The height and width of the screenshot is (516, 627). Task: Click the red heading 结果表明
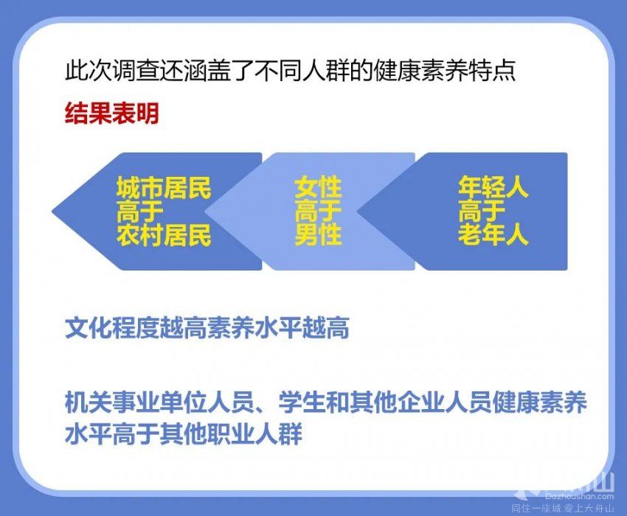pyautogui.click(x=112, y=113)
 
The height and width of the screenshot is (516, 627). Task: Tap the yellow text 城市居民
pyautogui.click(x=164, y=187)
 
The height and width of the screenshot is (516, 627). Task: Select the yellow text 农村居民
pyautogui.click(x=164, y=234)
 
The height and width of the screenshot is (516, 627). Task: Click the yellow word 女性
pyautogui.click(x=318, y=187)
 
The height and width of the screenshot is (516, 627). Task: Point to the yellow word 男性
pyautogui.click(x=318, y=234)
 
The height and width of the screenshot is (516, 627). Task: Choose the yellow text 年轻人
pyautogui.click(x=493, y=187)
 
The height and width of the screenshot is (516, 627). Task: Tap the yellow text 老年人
pyautogui.click(x=493, y=234)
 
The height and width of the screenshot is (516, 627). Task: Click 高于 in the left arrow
pyautogui.click(x=140, y=211)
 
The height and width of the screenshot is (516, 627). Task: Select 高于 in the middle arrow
pyautogui.click(x=318, y=211)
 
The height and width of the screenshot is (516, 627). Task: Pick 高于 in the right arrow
pyautogui.click(x=482, y=211)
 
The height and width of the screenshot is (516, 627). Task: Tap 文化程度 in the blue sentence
pyautogui.click(x=112, y=328)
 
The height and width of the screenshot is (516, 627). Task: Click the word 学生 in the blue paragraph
pyautogui.click(x=302, y=402)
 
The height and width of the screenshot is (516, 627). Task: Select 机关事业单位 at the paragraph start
pyautogui.click(x=136, y=402)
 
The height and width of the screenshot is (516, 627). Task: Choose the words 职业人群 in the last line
pyautogui.click(x=254, y=433)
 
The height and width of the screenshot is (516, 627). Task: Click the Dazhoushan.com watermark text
pyautogui.click(x=579, y=496)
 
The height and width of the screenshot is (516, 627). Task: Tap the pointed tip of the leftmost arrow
pyautogui.click(x=52, y=211)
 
